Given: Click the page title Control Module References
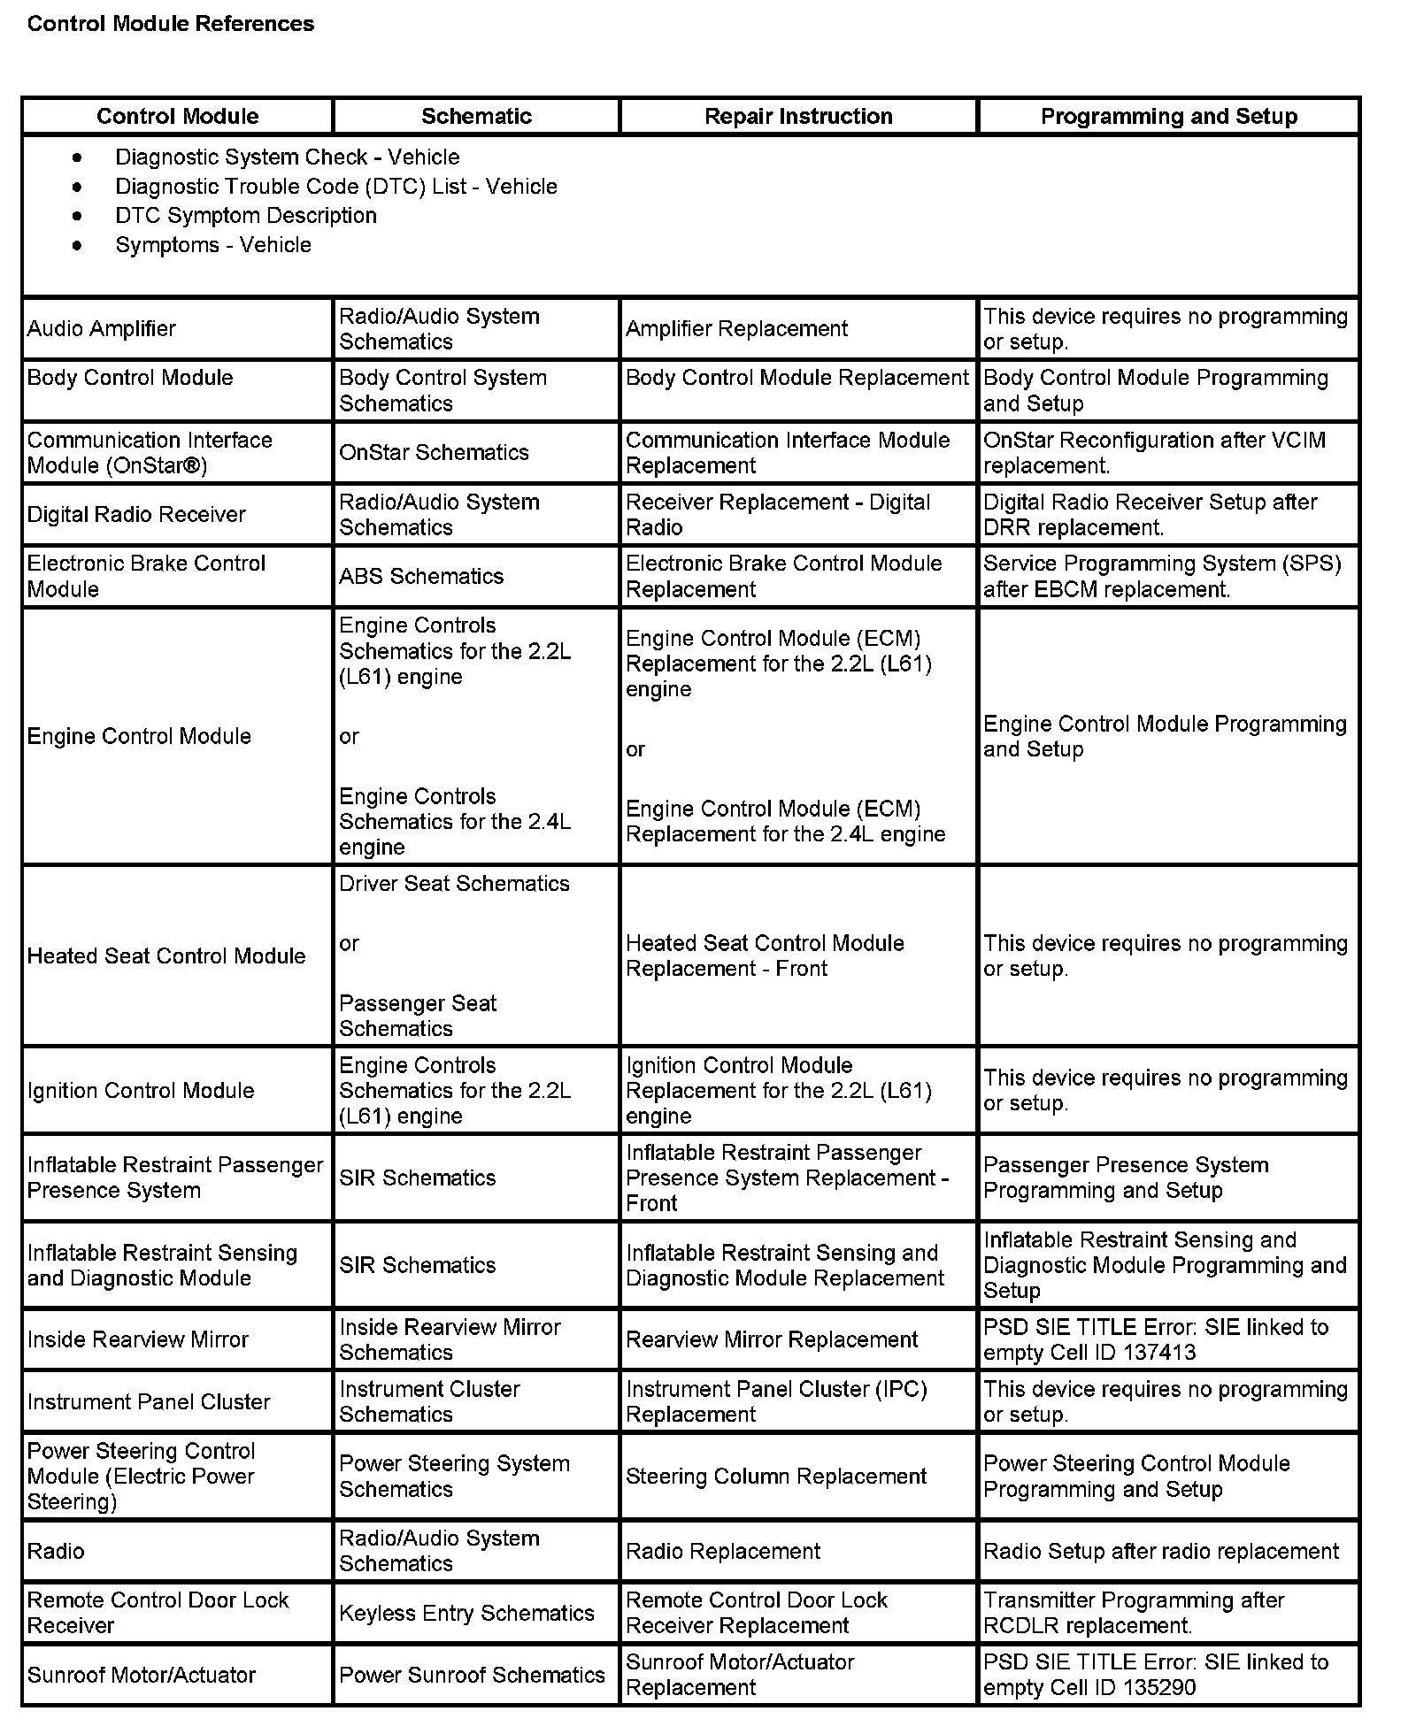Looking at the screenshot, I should coord(170,24).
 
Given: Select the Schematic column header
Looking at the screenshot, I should coord(476,116).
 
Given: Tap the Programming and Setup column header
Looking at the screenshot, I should coord(1168,116).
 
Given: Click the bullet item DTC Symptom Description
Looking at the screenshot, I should coord(245,216).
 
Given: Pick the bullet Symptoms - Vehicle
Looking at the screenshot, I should coord(212,245).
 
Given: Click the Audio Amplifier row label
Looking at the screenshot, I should coord(102,329).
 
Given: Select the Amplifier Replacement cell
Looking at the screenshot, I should coord(736,329).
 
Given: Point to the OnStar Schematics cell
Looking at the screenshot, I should coord(434,452).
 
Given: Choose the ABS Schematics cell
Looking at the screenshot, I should coord(421,576).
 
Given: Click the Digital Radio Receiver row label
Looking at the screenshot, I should coord(136,515).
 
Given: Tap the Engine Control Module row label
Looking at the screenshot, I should coord(139,736).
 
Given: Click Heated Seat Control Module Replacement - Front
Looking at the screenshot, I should coord(764,955).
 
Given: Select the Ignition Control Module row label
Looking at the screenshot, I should coord(141,1090).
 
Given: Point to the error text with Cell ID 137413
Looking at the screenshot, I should coord(1156,1339).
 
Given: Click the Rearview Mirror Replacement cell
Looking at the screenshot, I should coord(772,1339).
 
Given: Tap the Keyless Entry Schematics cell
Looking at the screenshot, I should coord(466,1613).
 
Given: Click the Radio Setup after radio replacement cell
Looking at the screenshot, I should coord(1161,1551).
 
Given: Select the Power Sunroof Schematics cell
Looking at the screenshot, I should coord(472,1675).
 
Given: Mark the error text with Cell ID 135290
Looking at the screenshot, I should coord(1156,1675).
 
